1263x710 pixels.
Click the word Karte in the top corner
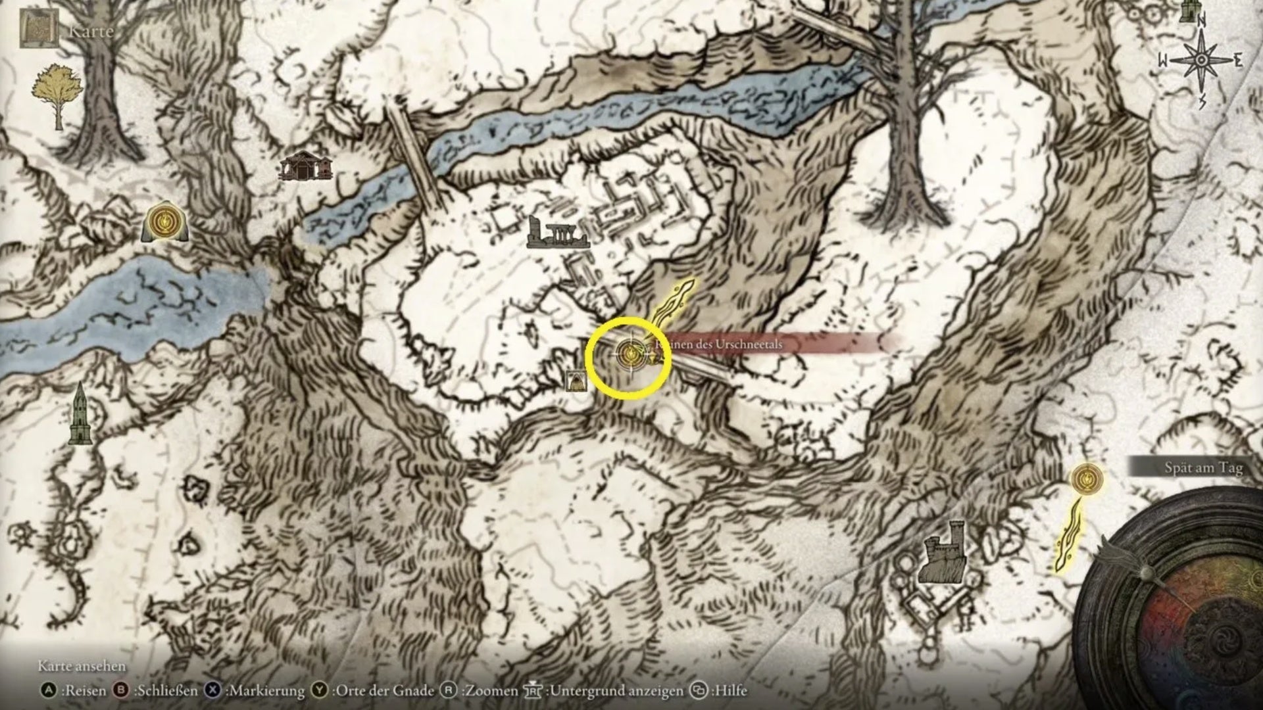(91, 31)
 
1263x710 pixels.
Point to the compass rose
(1201, 60)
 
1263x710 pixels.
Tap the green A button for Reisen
(48, 690)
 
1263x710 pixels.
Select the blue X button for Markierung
(212, 690)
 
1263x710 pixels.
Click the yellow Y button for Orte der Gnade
(320, 690)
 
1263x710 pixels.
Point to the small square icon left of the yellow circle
(576, 381)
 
